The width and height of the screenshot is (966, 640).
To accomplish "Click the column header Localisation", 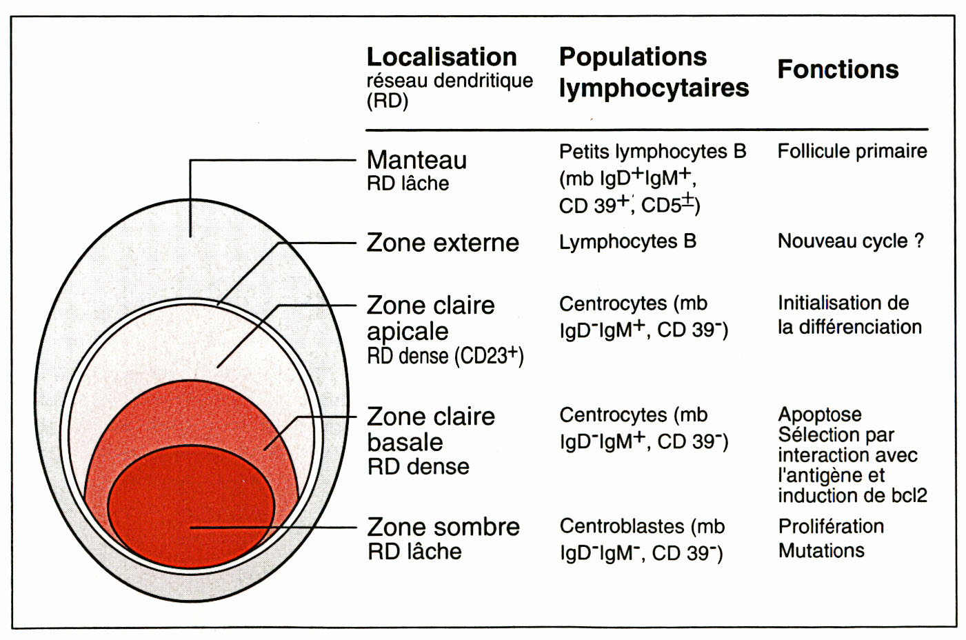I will (x=441, y=57).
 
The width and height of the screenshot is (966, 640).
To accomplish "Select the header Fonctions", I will (x=838, y=69).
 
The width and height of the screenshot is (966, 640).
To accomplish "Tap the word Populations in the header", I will (x=632, y=57).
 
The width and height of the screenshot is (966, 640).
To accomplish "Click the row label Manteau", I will (x=416, y=160).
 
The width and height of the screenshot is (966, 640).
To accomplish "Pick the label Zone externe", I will (x=442, y=243).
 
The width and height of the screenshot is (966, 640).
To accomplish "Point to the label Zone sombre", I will (x=443, y=527).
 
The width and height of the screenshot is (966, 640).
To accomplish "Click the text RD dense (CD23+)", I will (x=445, y=356).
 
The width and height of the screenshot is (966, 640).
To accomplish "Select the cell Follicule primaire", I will (x=852, y=151).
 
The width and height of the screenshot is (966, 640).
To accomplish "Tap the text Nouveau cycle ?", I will (x=850, y=241).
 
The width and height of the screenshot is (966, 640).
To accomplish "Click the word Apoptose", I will (x=819, y=414).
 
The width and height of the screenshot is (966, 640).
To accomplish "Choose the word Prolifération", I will (x=831, y=526).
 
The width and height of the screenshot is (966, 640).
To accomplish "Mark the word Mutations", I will (x=821, y=550).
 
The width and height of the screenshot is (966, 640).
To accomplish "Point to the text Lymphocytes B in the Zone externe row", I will (x=627, y=241).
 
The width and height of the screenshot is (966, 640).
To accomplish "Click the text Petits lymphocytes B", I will (x=652, y=151).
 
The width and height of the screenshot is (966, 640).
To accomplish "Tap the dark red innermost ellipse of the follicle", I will (x=191, y=507).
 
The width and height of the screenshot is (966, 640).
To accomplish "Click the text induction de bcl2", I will (x=852, y=495).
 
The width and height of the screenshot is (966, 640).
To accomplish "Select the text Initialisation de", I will (x=843, y=303).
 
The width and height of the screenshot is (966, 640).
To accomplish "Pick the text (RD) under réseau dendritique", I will (x=387, y=101).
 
